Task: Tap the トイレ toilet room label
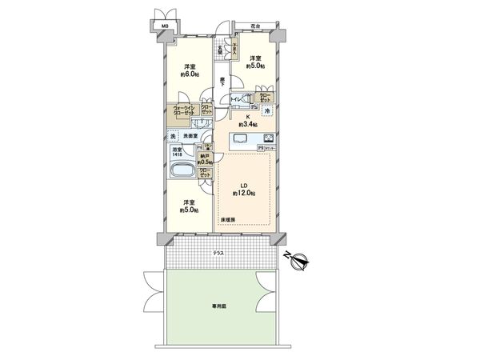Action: coord(238,99)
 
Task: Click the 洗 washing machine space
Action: coord(170,136)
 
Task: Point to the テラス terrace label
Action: coord(218,254)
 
